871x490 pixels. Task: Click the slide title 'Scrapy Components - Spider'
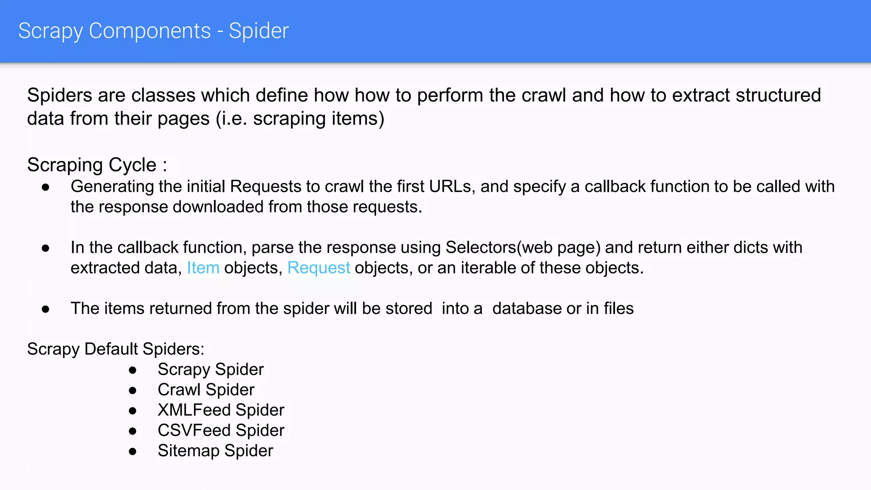click(x=154, y=31)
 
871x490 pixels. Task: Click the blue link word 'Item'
click(x=203, y=268)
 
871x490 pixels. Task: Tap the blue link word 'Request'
click(x=319, y=268)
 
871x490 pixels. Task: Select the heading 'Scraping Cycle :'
click(x=97, y=165)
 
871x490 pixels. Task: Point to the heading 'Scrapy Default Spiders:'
click(x=116, y=349)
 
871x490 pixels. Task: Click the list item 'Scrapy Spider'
click(x=211, y=369)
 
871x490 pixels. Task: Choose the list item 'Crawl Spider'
click(x=206, y=390)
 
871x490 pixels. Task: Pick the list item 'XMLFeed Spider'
click(x=221, y=410)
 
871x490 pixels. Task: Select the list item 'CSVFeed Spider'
click(x=221, y=430)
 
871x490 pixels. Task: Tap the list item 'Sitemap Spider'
click(x=215, y=451)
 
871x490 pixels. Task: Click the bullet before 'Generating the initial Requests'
click(x=46, y=187)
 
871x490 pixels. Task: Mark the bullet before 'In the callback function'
click(x=46, y=248)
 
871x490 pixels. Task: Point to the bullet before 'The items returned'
click(x=46, y=309)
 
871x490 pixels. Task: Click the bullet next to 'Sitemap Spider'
click(x=133, y=452)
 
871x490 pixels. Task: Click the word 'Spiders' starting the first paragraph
click(x=60, y=95)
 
